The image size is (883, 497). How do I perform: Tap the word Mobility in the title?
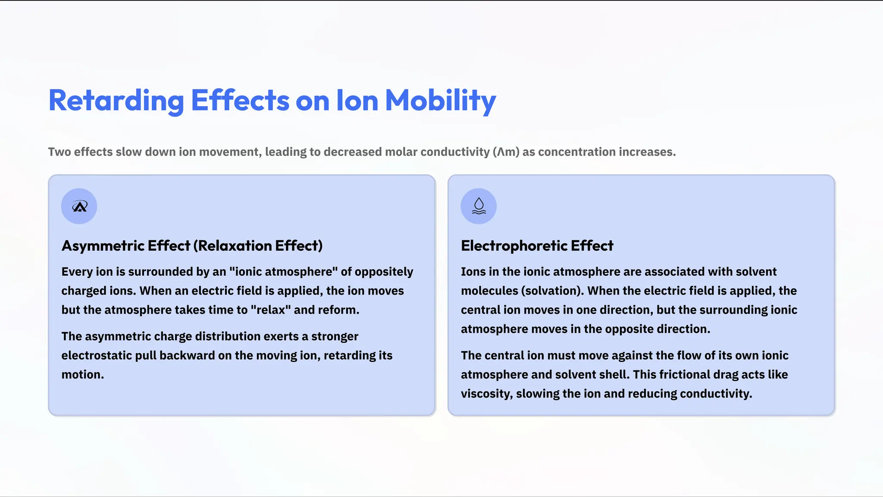[x=440, y=101]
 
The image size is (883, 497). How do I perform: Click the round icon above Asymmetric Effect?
[x=79, y=206]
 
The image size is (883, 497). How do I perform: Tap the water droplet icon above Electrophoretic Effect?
[x=479, y=206]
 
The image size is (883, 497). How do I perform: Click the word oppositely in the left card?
[x=384, y=272]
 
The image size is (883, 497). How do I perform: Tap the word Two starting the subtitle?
[x=59, y=152]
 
